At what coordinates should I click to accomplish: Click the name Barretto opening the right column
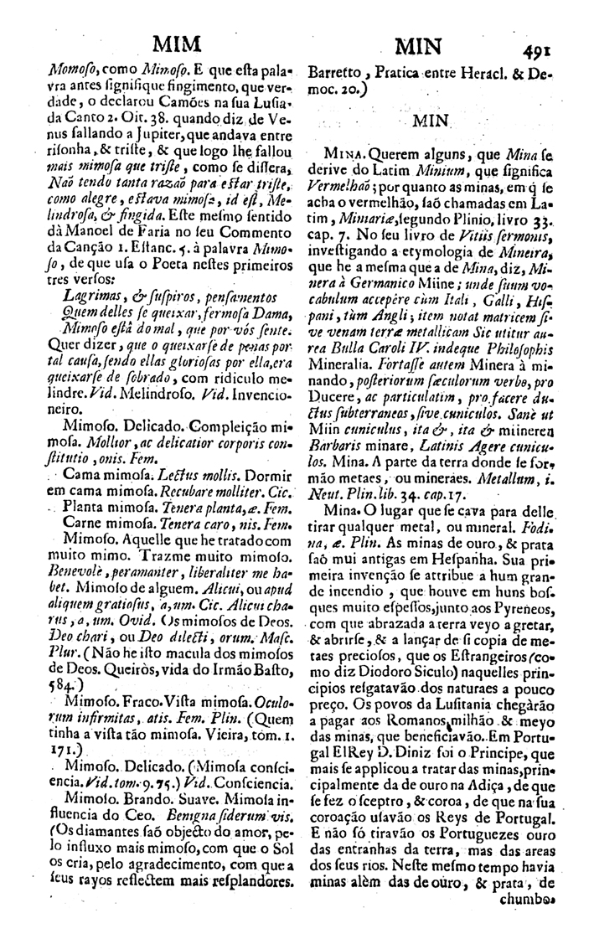click(x=332, y=72)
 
